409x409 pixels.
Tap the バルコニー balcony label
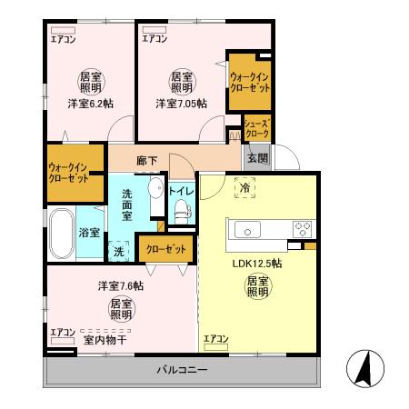(x=182, y=371)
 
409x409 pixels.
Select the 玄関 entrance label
(x=257, y=157)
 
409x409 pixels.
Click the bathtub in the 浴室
(x=61, y=233)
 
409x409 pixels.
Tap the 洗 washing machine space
(x=119, y=251)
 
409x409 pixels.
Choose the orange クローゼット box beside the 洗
(x=165, y=248)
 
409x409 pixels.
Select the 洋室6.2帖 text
(x=89, y=104)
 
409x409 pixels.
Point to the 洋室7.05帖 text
(x=180, y=104)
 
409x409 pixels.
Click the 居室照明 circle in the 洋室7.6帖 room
(x=121, y=309)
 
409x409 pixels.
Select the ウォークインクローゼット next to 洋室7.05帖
(x=248, y=85)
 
